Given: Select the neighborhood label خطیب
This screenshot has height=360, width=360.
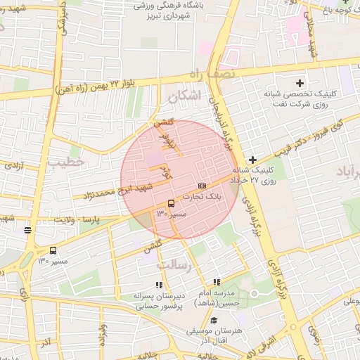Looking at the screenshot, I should tap(65, 162).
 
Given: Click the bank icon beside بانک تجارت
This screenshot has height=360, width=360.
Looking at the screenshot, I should tap(202, 186).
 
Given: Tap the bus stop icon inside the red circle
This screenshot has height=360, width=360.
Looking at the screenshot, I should tap(172, 203).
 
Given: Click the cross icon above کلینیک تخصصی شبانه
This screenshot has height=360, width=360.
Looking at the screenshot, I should tap(300, 83).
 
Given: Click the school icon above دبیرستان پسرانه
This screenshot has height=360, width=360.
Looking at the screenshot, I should tap(159, 285).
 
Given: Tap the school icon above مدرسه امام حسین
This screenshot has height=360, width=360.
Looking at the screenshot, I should tap(217, 282).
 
